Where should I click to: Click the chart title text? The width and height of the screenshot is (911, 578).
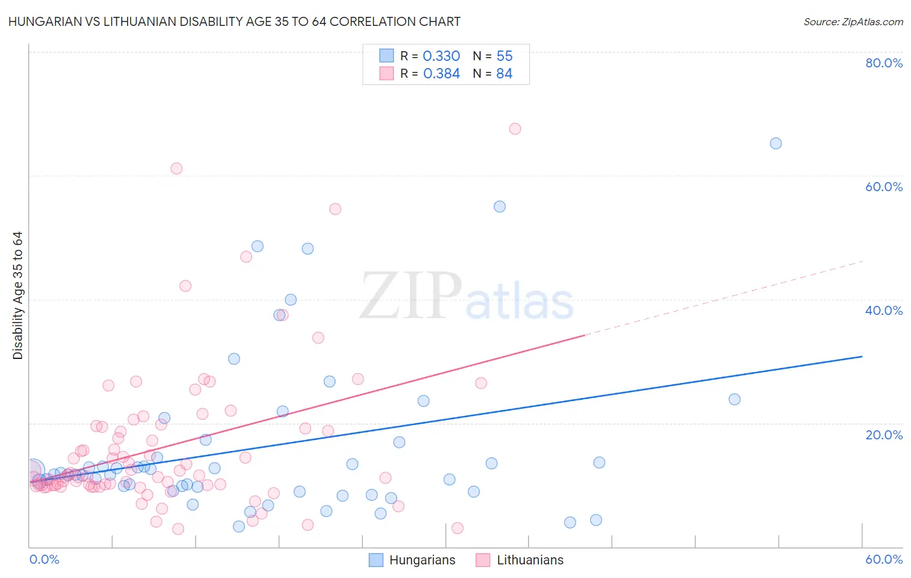point(235,21)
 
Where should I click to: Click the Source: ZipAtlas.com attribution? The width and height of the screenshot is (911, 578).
point(853,21)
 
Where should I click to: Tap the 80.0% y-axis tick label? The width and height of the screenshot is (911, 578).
point(884,63)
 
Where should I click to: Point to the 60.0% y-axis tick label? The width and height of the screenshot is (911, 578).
point(884,187)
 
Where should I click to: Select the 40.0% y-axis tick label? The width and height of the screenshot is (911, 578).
point(884,310)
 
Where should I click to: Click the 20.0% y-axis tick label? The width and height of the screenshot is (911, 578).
point(884,434)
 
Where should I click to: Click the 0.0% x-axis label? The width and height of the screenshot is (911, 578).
point(44,559)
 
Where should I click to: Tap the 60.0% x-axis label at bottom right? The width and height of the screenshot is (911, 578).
point(884,559)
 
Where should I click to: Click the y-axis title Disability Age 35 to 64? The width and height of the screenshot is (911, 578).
point(17,295)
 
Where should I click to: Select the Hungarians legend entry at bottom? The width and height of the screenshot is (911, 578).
point(422,560)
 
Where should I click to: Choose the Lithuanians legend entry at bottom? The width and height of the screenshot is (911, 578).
point(529,560)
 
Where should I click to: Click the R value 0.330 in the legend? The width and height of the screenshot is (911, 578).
point(441,56)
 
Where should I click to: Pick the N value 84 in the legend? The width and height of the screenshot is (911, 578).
point(504,74)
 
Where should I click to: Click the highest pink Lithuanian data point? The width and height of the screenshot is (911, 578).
point(515,128)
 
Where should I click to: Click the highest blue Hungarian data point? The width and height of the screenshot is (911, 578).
point(776,143)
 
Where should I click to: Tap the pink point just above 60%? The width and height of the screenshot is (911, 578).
point(176,168)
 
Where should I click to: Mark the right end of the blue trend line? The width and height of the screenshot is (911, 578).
point(862,356)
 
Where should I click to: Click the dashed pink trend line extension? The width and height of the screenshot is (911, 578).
point(726,297)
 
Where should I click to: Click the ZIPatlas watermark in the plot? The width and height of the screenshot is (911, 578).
point(467,297)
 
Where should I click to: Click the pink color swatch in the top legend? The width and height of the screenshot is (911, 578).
point(387,73)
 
